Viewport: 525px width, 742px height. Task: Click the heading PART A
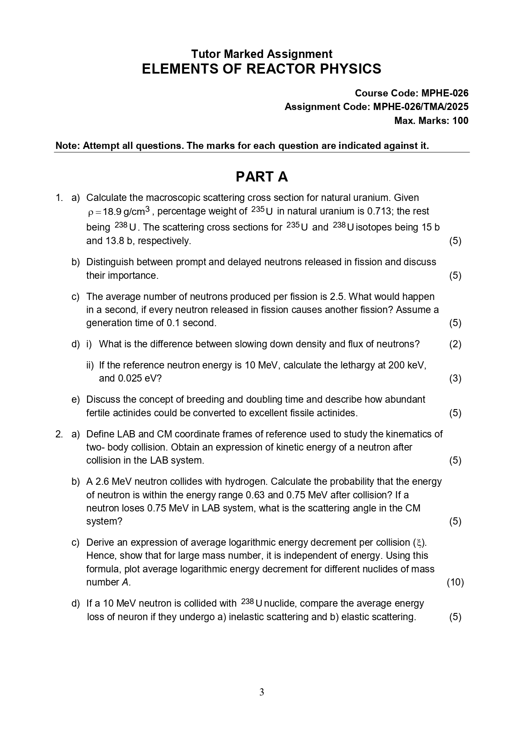point(261,177)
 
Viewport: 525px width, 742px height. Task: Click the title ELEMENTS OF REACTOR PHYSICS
point(261,69)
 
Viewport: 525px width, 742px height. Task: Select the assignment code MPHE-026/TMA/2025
point(421,107)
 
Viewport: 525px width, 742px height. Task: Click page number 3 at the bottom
point(261,693)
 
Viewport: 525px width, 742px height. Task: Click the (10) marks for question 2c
point(455,582)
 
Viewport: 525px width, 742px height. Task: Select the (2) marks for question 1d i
point(455,344)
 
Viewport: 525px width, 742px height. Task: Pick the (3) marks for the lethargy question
point(455,378)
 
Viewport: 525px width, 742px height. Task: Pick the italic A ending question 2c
point(125,582)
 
